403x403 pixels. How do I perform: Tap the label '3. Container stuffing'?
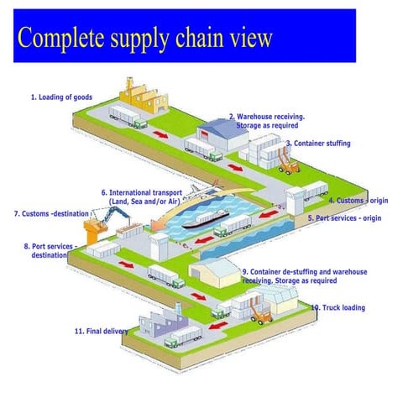click(x=318, y=144)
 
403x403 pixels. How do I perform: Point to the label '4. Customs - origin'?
click(x=359, y=201)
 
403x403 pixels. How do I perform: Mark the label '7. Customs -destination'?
click(x=49, y=214)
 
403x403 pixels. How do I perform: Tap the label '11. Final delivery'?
click(x=101, y=332)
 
